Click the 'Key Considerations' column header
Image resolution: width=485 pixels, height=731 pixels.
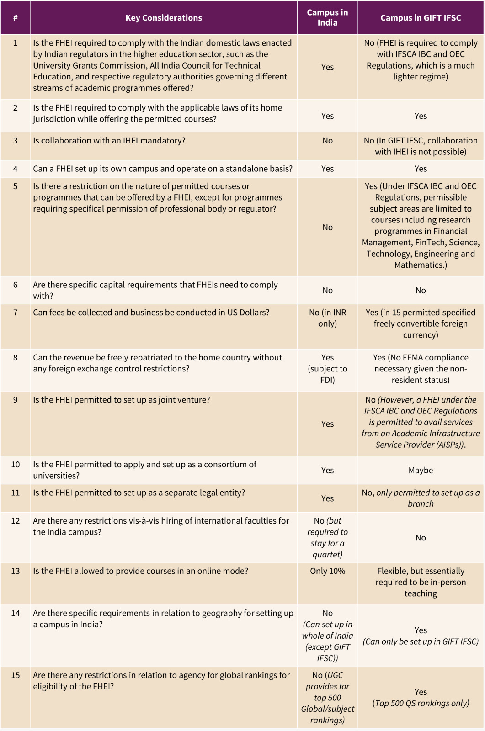164,18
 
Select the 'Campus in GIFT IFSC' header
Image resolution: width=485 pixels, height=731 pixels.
421,18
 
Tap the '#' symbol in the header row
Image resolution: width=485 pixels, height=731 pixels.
16,18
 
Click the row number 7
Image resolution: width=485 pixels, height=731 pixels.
16,313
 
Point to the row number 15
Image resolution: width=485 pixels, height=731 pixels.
16,675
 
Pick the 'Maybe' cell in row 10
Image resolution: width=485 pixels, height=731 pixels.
421,470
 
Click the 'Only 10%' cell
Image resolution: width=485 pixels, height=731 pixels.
327,571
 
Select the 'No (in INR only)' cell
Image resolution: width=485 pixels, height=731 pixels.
327,318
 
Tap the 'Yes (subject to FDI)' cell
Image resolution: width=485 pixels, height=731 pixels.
327,369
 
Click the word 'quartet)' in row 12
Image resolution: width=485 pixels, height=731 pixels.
327,555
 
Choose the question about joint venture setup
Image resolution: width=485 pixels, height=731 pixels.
122,400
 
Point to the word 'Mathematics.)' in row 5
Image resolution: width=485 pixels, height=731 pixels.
421,265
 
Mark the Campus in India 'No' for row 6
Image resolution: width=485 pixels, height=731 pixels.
327,290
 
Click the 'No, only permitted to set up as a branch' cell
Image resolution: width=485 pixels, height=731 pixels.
421,498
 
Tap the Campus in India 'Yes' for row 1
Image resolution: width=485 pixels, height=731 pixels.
327,67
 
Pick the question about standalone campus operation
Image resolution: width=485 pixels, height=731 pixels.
163,169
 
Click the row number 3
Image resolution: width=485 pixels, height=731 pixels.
16,141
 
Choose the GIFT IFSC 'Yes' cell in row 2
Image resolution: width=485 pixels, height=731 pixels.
421,116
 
